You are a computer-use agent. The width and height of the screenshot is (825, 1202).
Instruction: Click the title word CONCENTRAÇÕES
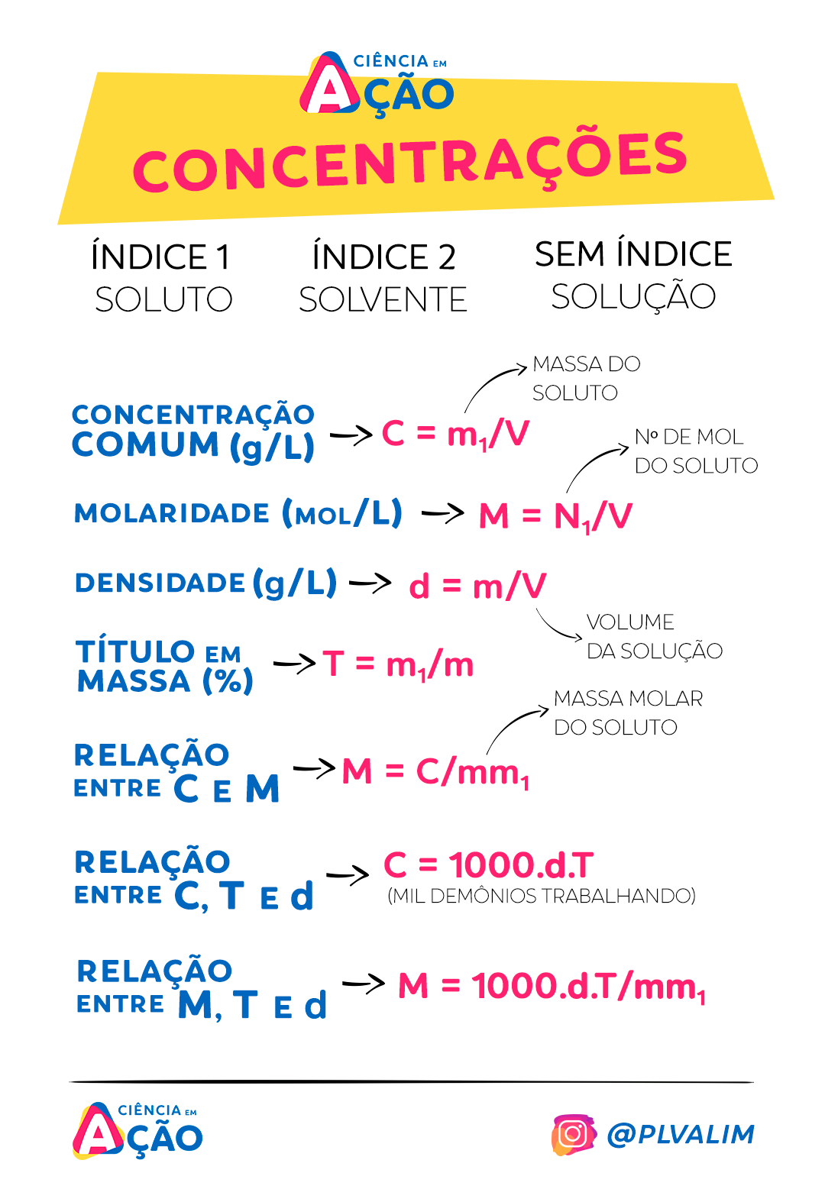point(410,160)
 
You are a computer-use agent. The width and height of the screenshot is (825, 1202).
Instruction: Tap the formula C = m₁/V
point(455,434)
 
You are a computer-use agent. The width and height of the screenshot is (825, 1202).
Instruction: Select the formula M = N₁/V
point(555,516)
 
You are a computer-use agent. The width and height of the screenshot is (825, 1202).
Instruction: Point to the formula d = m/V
point(477,586)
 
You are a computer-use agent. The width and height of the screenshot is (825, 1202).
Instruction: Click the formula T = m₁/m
point(398,664)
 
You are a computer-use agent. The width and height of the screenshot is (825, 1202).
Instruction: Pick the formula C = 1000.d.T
point(489,865)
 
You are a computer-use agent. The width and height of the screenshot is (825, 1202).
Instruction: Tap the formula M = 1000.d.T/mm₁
point(552,986)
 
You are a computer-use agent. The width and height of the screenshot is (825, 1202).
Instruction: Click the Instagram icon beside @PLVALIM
point(573,1134)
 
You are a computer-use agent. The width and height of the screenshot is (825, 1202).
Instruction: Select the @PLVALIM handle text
point(681,1135)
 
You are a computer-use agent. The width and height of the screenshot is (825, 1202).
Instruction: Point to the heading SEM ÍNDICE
point(633,254)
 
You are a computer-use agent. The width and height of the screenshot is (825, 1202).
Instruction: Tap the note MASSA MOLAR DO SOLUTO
point(627,712)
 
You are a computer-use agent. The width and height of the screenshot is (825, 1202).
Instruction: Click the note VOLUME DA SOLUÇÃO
point(654,636)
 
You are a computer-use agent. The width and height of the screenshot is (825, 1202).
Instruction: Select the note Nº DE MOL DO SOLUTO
point(696,451)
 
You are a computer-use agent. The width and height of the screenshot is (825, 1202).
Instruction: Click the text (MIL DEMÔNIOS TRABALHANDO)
point(542,896)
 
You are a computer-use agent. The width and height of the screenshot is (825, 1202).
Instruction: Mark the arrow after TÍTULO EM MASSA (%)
point(295,663)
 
